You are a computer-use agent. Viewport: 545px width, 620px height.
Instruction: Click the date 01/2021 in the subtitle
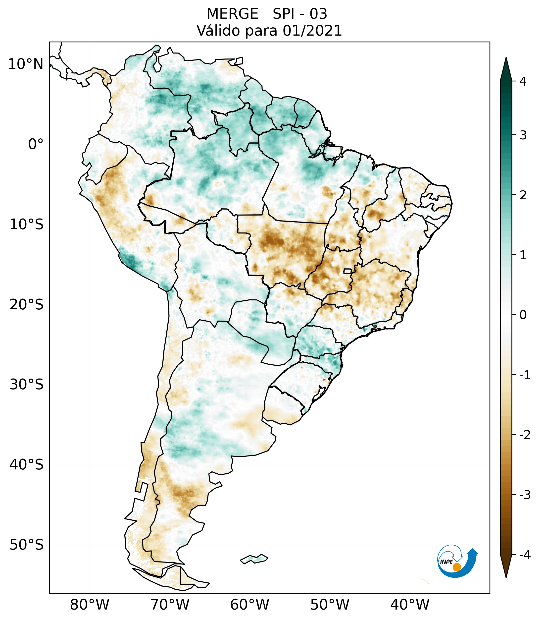coord(312,31)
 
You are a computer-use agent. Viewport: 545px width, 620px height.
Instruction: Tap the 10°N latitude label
coord(25,64)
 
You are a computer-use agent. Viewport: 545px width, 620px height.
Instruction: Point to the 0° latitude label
coord(36,144)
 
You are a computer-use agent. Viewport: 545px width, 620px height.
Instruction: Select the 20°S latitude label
coord(26,305)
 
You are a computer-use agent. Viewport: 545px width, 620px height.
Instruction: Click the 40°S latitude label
coord(26,465)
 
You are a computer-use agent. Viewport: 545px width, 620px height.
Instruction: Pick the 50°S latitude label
coord(26,545)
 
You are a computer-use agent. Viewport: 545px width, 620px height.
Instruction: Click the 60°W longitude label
coord(249,605)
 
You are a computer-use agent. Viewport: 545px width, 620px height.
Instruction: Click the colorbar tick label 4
coord(523,81)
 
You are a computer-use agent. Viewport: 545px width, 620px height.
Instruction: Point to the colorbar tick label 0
coord(523,315)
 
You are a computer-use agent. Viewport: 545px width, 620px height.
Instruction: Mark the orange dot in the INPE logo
coord(456,567)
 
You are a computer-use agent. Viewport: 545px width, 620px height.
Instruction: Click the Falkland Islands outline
coord(254,559)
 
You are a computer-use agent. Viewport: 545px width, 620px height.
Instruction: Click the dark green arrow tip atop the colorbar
coord(506,68)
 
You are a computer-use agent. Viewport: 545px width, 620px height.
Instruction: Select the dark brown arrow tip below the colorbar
coord(506,567)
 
